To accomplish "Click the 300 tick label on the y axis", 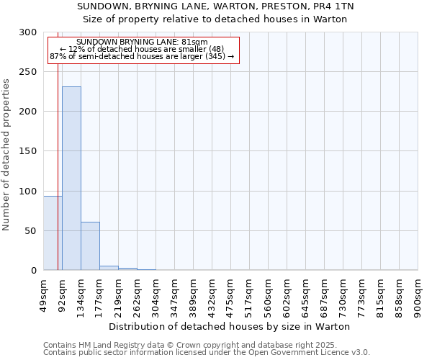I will click(x=28, y=32).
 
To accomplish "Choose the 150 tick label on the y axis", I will click(x=28, y=151).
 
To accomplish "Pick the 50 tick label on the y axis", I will click(x=31, y=231).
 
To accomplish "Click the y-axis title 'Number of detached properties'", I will click(x=6, y=155).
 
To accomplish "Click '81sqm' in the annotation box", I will click(x=195, y=42).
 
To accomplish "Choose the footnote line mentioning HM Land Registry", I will click(x=206, y=345).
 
